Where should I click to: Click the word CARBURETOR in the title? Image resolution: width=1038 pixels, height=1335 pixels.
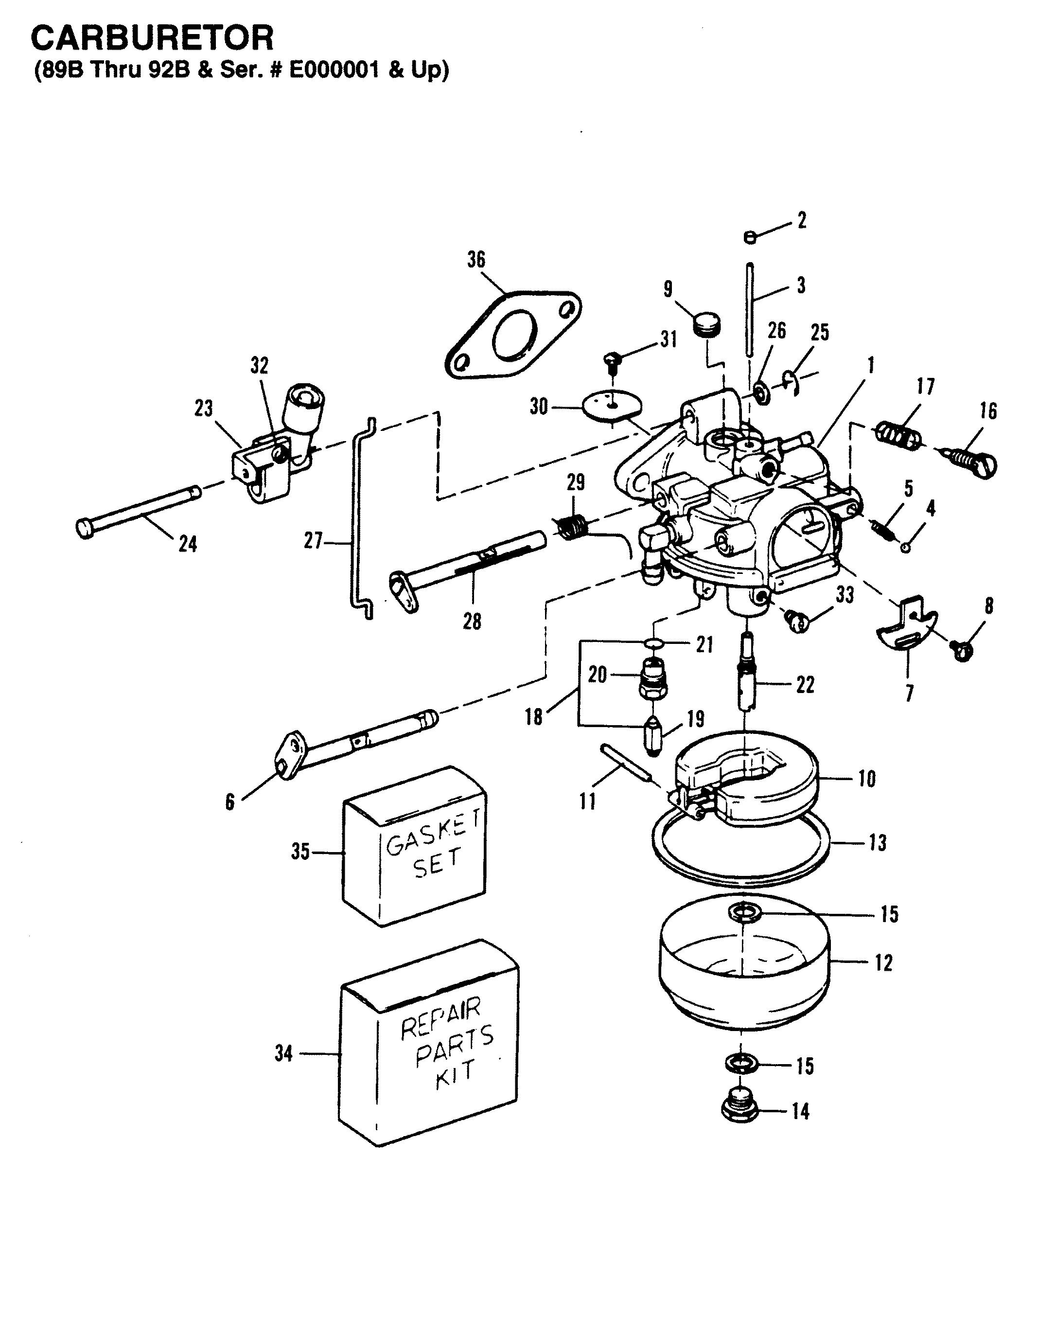point(152,38)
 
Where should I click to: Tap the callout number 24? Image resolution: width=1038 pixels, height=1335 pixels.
point(188,543)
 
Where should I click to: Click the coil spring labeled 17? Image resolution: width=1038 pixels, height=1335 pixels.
point(898,436)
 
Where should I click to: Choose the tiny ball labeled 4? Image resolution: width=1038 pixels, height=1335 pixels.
point(906,547)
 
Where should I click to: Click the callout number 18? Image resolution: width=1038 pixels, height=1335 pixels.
point(533,716)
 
